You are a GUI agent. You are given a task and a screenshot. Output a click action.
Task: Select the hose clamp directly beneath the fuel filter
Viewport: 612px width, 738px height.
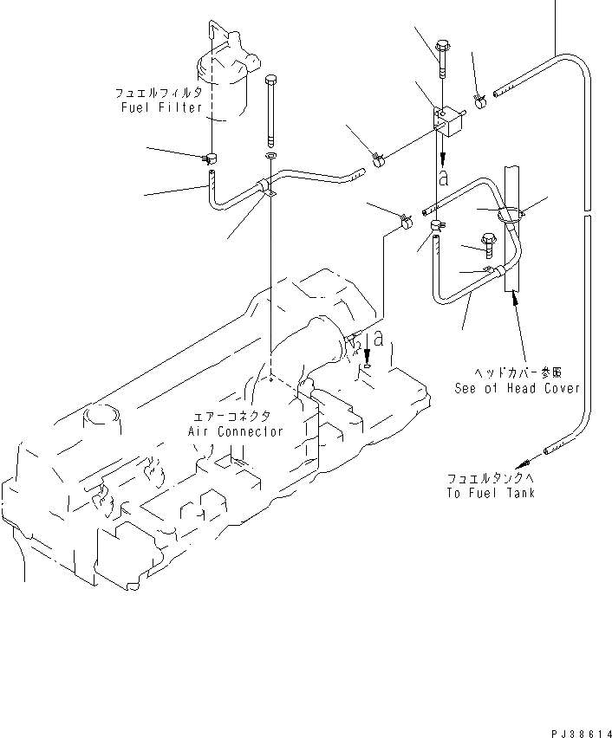click(210, 158)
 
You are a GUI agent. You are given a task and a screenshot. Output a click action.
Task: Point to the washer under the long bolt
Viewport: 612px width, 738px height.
click(270, 158)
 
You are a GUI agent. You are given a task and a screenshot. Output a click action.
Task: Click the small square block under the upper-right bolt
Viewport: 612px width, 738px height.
click(447, 121)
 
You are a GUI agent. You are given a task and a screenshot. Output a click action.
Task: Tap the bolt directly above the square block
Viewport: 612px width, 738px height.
click(442, 48)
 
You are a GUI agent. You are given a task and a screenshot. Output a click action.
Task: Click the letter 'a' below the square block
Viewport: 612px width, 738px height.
click(443, 178)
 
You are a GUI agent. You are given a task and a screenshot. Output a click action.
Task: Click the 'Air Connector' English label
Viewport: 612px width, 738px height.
click(236, 431)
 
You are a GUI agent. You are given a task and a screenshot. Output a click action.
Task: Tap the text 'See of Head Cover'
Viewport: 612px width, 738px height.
click(518, 389)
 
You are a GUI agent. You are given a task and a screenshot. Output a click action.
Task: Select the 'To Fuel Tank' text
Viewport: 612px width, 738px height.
click(492, 493)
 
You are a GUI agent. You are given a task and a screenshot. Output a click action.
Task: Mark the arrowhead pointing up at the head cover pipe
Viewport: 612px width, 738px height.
click(518, 299)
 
